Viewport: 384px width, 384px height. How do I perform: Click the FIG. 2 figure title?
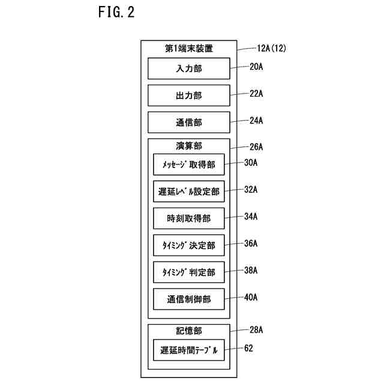coord(116,13)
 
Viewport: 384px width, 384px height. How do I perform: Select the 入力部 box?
coord(189,68)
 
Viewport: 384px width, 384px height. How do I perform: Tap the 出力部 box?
coord(189,95)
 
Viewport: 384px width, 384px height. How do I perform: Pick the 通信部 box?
coord(189,122)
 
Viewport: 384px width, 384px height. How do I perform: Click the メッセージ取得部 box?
coord(189,164)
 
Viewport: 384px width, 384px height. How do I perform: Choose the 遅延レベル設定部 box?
coord(189,192)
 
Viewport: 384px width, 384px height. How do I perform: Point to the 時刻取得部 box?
coord(189,218)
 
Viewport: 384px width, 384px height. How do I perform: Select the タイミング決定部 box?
coord(189,245)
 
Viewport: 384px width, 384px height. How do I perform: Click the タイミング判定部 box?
coord(189,272)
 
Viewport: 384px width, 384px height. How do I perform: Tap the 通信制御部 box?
coord(189,299)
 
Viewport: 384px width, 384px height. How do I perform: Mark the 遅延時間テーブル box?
coord(189,350)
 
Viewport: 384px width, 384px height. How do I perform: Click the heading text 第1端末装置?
coord(189,49)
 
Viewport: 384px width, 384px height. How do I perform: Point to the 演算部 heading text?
coord(189,146)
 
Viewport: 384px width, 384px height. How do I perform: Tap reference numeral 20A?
coord(257,67)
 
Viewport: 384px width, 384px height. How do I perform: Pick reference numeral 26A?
coord(257,146)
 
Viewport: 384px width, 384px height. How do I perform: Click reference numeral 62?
coord(249,347)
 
